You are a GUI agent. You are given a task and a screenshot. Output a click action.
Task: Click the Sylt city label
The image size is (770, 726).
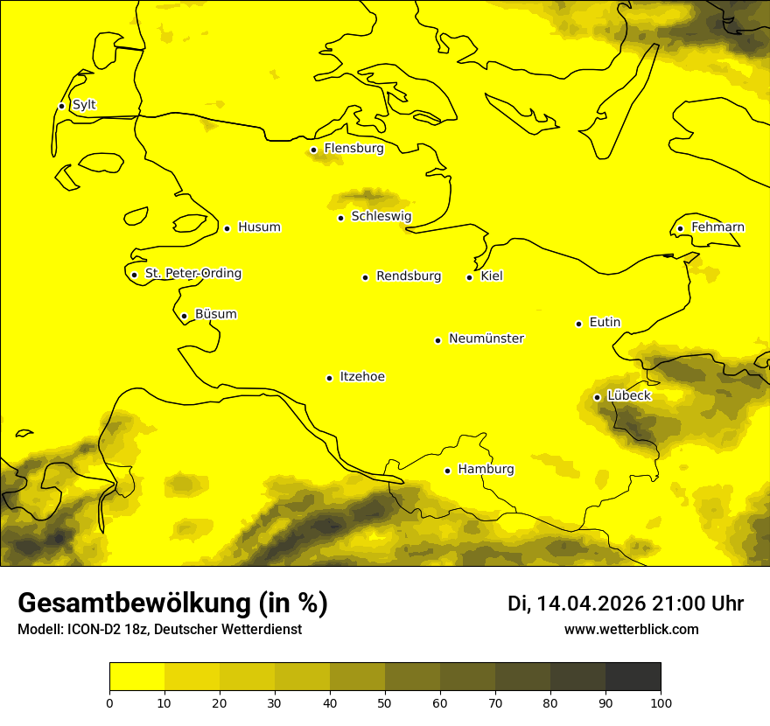point(84,105)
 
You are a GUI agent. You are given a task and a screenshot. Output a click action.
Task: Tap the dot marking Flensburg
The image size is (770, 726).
point(313,150)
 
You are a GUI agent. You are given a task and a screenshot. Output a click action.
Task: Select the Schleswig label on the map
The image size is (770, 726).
point(381,216)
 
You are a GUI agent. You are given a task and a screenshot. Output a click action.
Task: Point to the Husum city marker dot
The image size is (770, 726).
point(227,228)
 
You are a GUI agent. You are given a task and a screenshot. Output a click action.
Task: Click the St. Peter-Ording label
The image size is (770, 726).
point(193,274)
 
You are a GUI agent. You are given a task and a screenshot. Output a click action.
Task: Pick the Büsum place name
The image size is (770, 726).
point(216,315)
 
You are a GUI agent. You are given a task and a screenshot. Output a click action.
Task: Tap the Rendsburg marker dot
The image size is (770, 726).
point(365,277)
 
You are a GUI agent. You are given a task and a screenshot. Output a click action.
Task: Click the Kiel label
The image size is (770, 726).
point(492,276)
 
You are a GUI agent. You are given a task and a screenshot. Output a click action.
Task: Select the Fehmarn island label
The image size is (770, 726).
point(717,227)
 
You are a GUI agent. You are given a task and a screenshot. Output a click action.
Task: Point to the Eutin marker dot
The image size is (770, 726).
point(578,324)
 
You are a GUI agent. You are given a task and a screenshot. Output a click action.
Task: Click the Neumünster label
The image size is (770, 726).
point(486,339)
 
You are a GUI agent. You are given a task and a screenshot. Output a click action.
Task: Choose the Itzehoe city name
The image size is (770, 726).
point(362,377)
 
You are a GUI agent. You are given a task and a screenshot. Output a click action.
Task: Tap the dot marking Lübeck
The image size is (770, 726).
point(597,397)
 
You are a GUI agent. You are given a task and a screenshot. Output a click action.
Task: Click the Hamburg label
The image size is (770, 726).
point(486,470)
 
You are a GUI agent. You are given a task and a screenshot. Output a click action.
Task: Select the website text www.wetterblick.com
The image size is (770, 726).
point(632,630)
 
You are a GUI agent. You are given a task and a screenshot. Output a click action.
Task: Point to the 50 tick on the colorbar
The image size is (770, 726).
point(385,702)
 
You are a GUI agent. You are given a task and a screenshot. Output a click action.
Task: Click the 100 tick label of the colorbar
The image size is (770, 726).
point(661,702)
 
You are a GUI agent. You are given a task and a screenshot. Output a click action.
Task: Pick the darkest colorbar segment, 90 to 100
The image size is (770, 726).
point(633,676)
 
